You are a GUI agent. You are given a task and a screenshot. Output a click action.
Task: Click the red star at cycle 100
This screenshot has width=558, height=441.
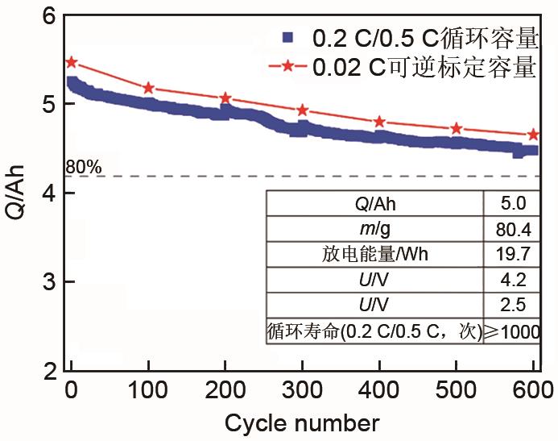point(149,88)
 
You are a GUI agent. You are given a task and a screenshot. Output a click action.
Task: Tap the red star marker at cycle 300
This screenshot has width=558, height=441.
point(303,110)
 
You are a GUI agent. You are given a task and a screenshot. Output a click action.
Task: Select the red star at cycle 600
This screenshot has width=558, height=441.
point(533,135)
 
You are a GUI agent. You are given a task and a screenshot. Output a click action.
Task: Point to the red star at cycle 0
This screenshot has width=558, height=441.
point(72,62)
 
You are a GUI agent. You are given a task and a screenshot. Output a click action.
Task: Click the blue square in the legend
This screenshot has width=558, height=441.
point(289,37)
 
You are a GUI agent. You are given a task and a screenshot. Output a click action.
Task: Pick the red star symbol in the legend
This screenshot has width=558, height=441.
point(289,68)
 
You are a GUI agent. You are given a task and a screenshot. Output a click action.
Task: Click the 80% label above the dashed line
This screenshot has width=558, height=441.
point(84,167)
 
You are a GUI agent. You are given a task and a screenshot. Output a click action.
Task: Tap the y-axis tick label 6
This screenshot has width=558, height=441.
point(48,16)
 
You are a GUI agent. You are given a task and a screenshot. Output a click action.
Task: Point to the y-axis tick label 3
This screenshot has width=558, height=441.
point(48,282)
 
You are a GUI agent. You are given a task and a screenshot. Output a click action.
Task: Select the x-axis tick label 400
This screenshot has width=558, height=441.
point(379,392)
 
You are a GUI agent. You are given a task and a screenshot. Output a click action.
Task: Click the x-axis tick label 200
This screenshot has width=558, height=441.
point(225,392)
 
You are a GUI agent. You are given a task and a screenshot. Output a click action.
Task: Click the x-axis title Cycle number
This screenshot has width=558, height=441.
point(302,422)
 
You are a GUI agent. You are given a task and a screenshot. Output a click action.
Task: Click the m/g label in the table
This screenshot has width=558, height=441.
point(374,229)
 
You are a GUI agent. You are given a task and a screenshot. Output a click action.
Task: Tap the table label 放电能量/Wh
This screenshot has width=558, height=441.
point(374,255)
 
